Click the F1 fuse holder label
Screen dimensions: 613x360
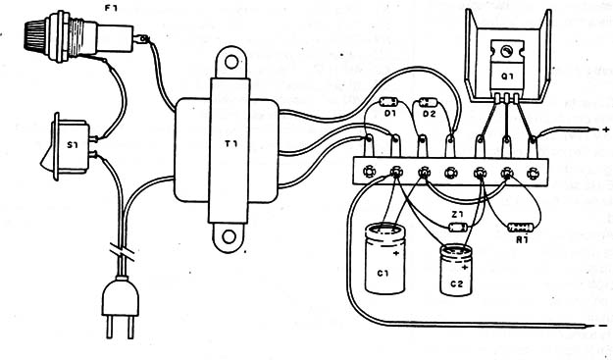click(112, 8)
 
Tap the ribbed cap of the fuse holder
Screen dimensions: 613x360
click(36, 36)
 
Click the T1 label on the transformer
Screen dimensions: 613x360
click(230, 144)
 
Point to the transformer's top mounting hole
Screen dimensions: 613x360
click(231, 62)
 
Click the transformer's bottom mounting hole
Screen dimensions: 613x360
click(230, 236)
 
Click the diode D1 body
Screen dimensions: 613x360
click(388, 102)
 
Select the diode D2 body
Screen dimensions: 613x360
click(428, 103)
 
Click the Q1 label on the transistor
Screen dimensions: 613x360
click(507, 77)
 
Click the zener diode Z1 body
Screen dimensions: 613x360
click(458, 227)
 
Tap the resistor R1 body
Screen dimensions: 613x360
click(521, 228)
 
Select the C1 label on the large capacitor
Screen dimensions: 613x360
click(383, 273)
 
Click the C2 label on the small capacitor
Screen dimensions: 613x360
click(456, 283)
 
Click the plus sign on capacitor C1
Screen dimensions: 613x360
click(396, 253)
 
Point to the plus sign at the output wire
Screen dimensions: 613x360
click(605, 129)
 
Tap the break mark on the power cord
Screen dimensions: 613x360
click(122, 252)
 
